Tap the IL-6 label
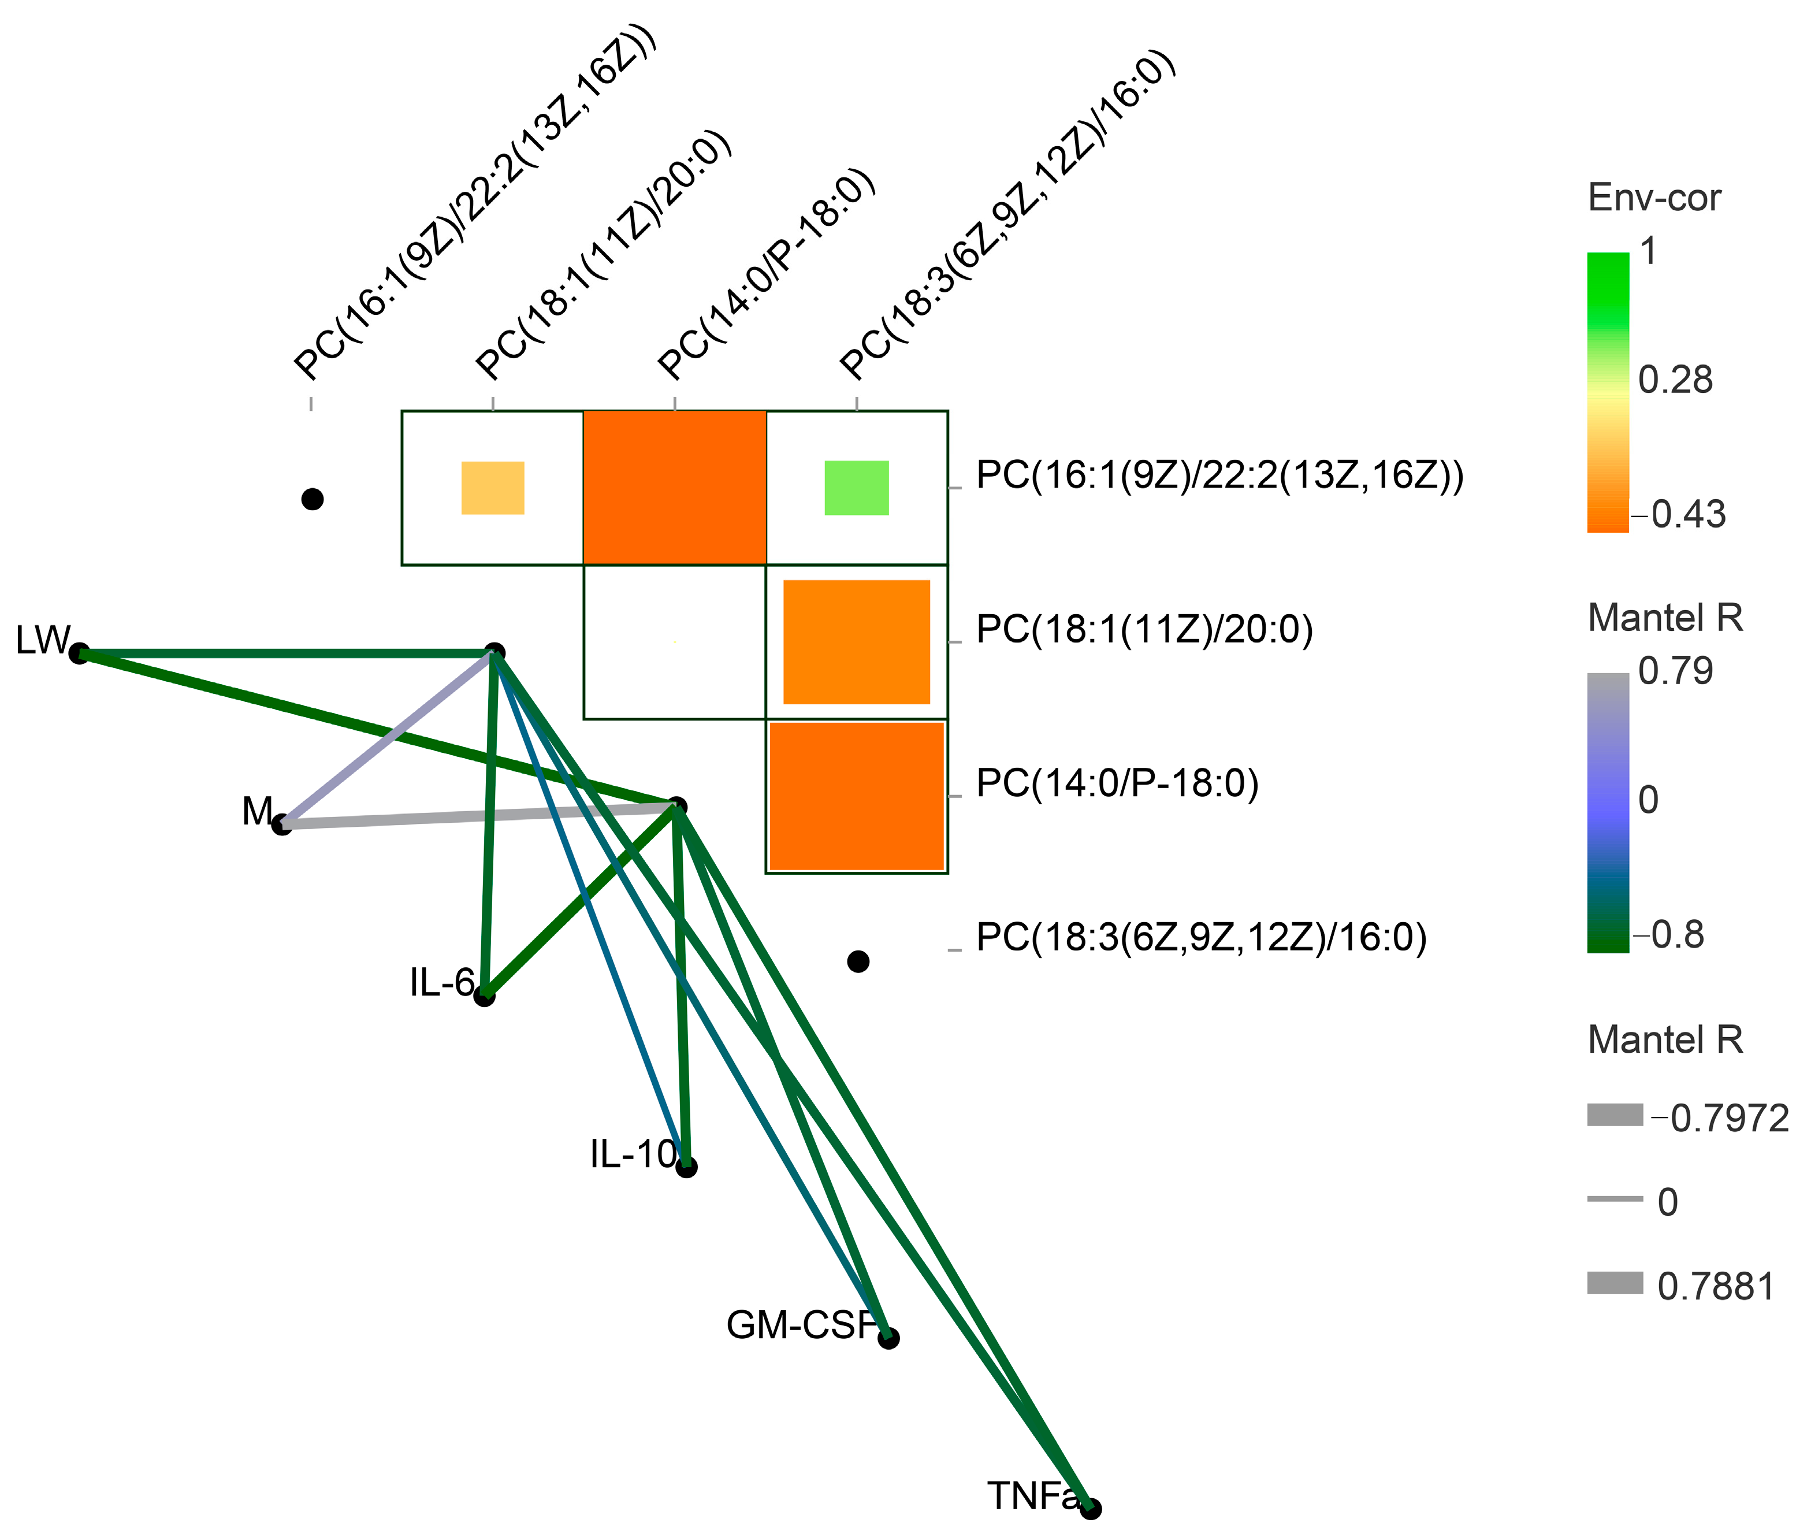click(442, 983)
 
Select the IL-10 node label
click(632, 1154)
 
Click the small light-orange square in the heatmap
click(492, 488)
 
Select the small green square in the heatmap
click(856, 488)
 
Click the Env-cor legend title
click(1654, 198)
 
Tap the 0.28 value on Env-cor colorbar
click(1675, 380)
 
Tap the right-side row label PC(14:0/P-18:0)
click(1117, 783)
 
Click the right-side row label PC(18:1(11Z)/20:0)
click(1144, 630)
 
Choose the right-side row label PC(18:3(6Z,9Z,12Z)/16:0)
click(1202, 937)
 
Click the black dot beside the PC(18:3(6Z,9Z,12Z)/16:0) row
click(858, 961)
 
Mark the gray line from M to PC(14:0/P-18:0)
click(478, 816)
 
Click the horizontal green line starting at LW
click(287, 653)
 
